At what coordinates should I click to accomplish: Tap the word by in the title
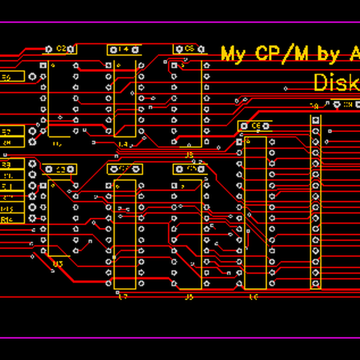[329, 54]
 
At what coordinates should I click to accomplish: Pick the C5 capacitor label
[190, 48]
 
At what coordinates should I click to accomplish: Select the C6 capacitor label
[256, 125]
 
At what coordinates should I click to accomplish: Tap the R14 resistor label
[7, 219]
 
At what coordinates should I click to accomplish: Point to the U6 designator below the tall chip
[254, 296]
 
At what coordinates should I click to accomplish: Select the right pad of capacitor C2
[74, 49]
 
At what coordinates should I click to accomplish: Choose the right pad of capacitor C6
[268, 125]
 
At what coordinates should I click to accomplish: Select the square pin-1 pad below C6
[239, 142]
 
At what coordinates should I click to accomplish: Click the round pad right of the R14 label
[32, 219]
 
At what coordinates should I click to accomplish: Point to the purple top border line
[180, 22]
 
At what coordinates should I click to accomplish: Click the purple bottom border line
[180, 338]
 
